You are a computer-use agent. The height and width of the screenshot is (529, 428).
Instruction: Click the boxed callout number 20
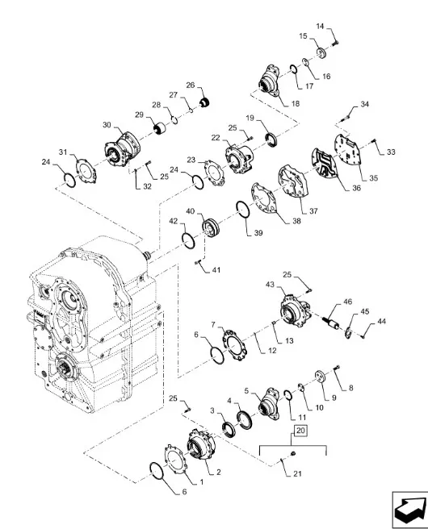(x=300, y=431)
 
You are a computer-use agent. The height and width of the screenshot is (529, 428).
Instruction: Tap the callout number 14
(x=320, y=27)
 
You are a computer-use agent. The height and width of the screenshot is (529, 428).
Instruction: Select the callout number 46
(x=347, y=302)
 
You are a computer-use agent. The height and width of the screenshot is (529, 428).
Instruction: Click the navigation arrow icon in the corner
(x=409, y=510)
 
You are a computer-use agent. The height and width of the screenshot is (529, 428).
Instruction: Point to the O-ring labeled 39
(x=242, y=210)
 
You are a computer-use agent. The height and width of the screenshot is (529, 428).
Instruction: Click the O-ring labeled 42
(x=188, y=241)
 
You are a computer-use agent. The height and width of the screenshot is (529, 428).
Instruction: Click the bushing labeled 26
(x=204, y=102)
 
